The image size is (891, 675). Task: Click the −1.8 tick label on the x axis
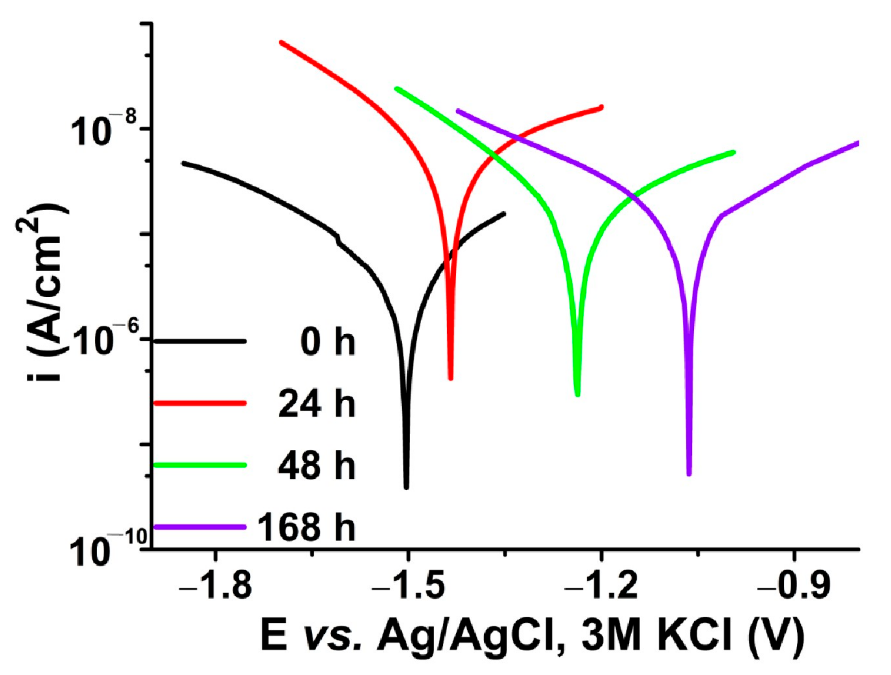click(216, 587)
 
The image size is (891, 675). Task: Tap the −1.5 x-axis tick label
click(408, 587)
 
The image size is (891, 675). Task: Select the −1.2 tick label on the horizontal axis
click(601, 587)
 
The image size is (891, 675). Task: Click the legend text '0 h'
click(328, 342)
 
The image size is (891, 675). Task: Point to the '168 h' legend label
click(306, 527)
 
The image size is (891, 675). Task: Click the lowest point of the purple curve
click(689, 473)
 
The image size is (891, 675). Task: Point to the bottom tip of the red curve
click(451, 377)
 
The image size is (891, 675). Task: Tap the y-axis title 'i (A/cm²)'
click(43, 293)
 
